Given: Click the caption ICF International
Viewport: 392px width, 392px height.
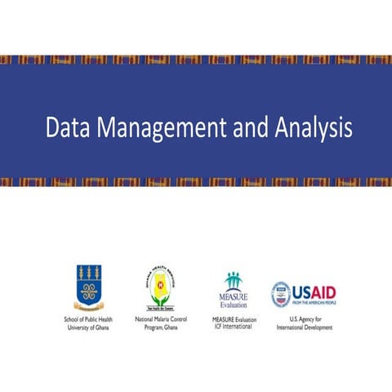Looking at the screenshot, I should pos(232,327).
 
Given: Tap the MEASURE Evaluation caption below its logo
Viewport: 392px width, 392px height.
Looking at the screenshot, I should pos(232,318).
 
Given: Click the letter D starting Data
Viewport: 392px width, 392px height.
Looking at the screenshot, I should pos(51,129).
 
